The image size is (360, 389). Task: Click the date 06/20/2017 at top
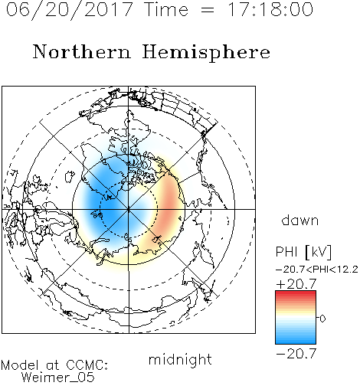point(69,10)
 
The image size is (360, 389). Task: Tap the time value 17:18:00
point(270,9)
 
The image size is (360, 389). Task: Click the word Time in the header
point(166,9)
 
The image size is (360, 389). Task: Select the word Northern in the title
point(82,51)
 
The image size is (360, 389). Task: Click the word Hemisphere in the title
point(206,53)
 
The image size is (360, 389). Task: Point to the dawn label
point(300,220)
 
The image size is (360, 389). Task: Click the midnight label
point(180,359)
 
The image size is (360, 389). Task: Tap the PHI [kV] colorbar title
point(303,252)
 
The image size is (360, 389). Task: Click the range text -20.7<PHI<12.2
point(317,270)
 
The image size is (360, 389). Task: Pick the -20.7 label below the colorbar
point(296,354)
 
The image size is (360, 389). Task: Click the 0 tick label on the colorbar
point(322,319)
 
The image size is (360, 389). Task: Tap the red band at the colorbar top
point(296,294)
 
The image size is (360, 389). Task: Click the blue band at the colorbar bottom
point(296,340)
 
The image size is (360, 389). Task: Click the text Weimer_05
point(58,377)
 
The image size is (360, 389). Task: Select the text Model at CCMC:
point(54,365)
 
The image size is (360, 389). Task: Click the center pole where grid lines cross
point(129,209)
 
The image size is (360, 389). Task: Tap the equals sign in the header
point(208,10)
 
